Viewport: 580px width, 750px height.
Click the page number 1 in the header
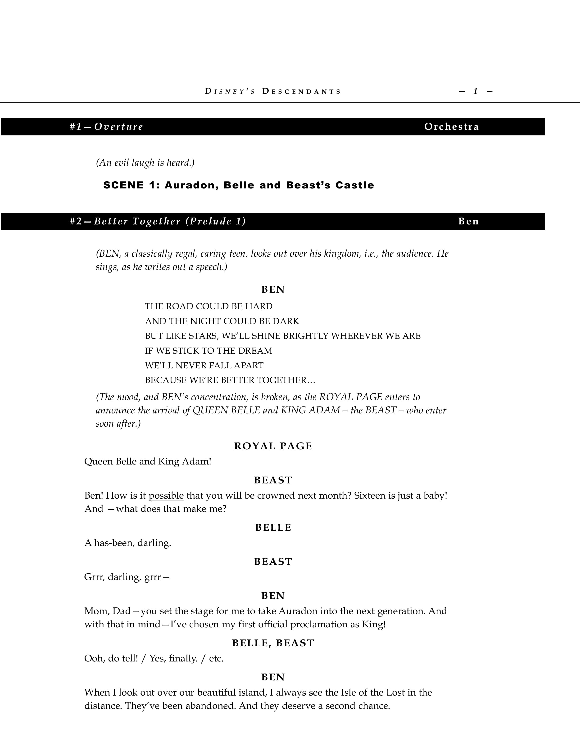[476, 91]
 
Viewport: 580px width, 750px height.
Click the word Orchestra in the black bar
[452, 127]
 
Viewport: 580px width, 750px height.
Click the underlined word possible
[166, 496]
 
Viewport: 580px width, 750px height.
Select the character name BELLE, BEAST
[273, 643]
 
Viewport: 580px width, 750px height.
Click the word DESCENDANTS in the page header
[301, 92]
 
